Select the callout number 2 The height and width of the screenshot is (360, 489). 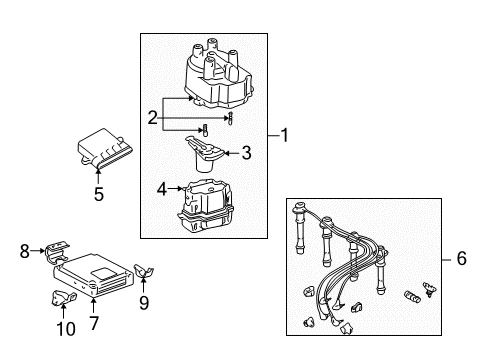pyautogui.click(x=152, y=118)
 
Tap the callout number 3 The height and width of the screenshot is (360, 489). pyautogui.click(x=244, y=153)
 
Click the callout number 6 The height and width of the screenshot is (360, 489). pyautogui.click(x=460, y=258)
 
